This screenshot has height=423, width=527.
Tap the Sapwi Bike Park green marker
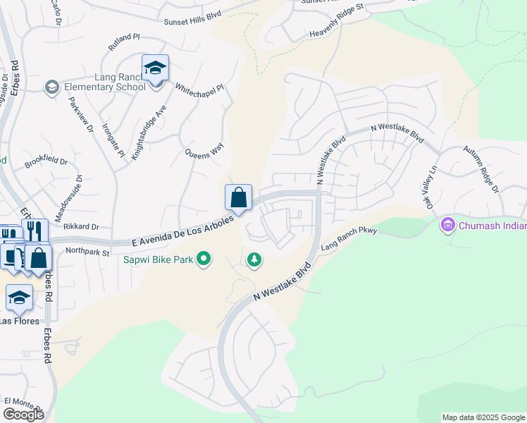tap(204, 260)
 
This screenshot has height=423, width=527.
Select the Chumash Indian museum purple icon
tap(446, 226)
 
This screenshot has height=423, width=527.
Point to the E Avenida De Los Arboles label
tap(182, 232)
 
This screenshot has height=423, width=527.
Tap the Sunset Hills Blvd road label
tap(192, 23)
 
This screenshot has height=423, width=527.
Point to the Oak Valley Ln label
tap(430, 187)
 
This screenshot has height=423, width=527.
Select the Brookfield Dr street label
tap(46, 162)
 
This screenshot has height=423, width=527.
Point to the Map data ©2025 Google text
tap(483, 417)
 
